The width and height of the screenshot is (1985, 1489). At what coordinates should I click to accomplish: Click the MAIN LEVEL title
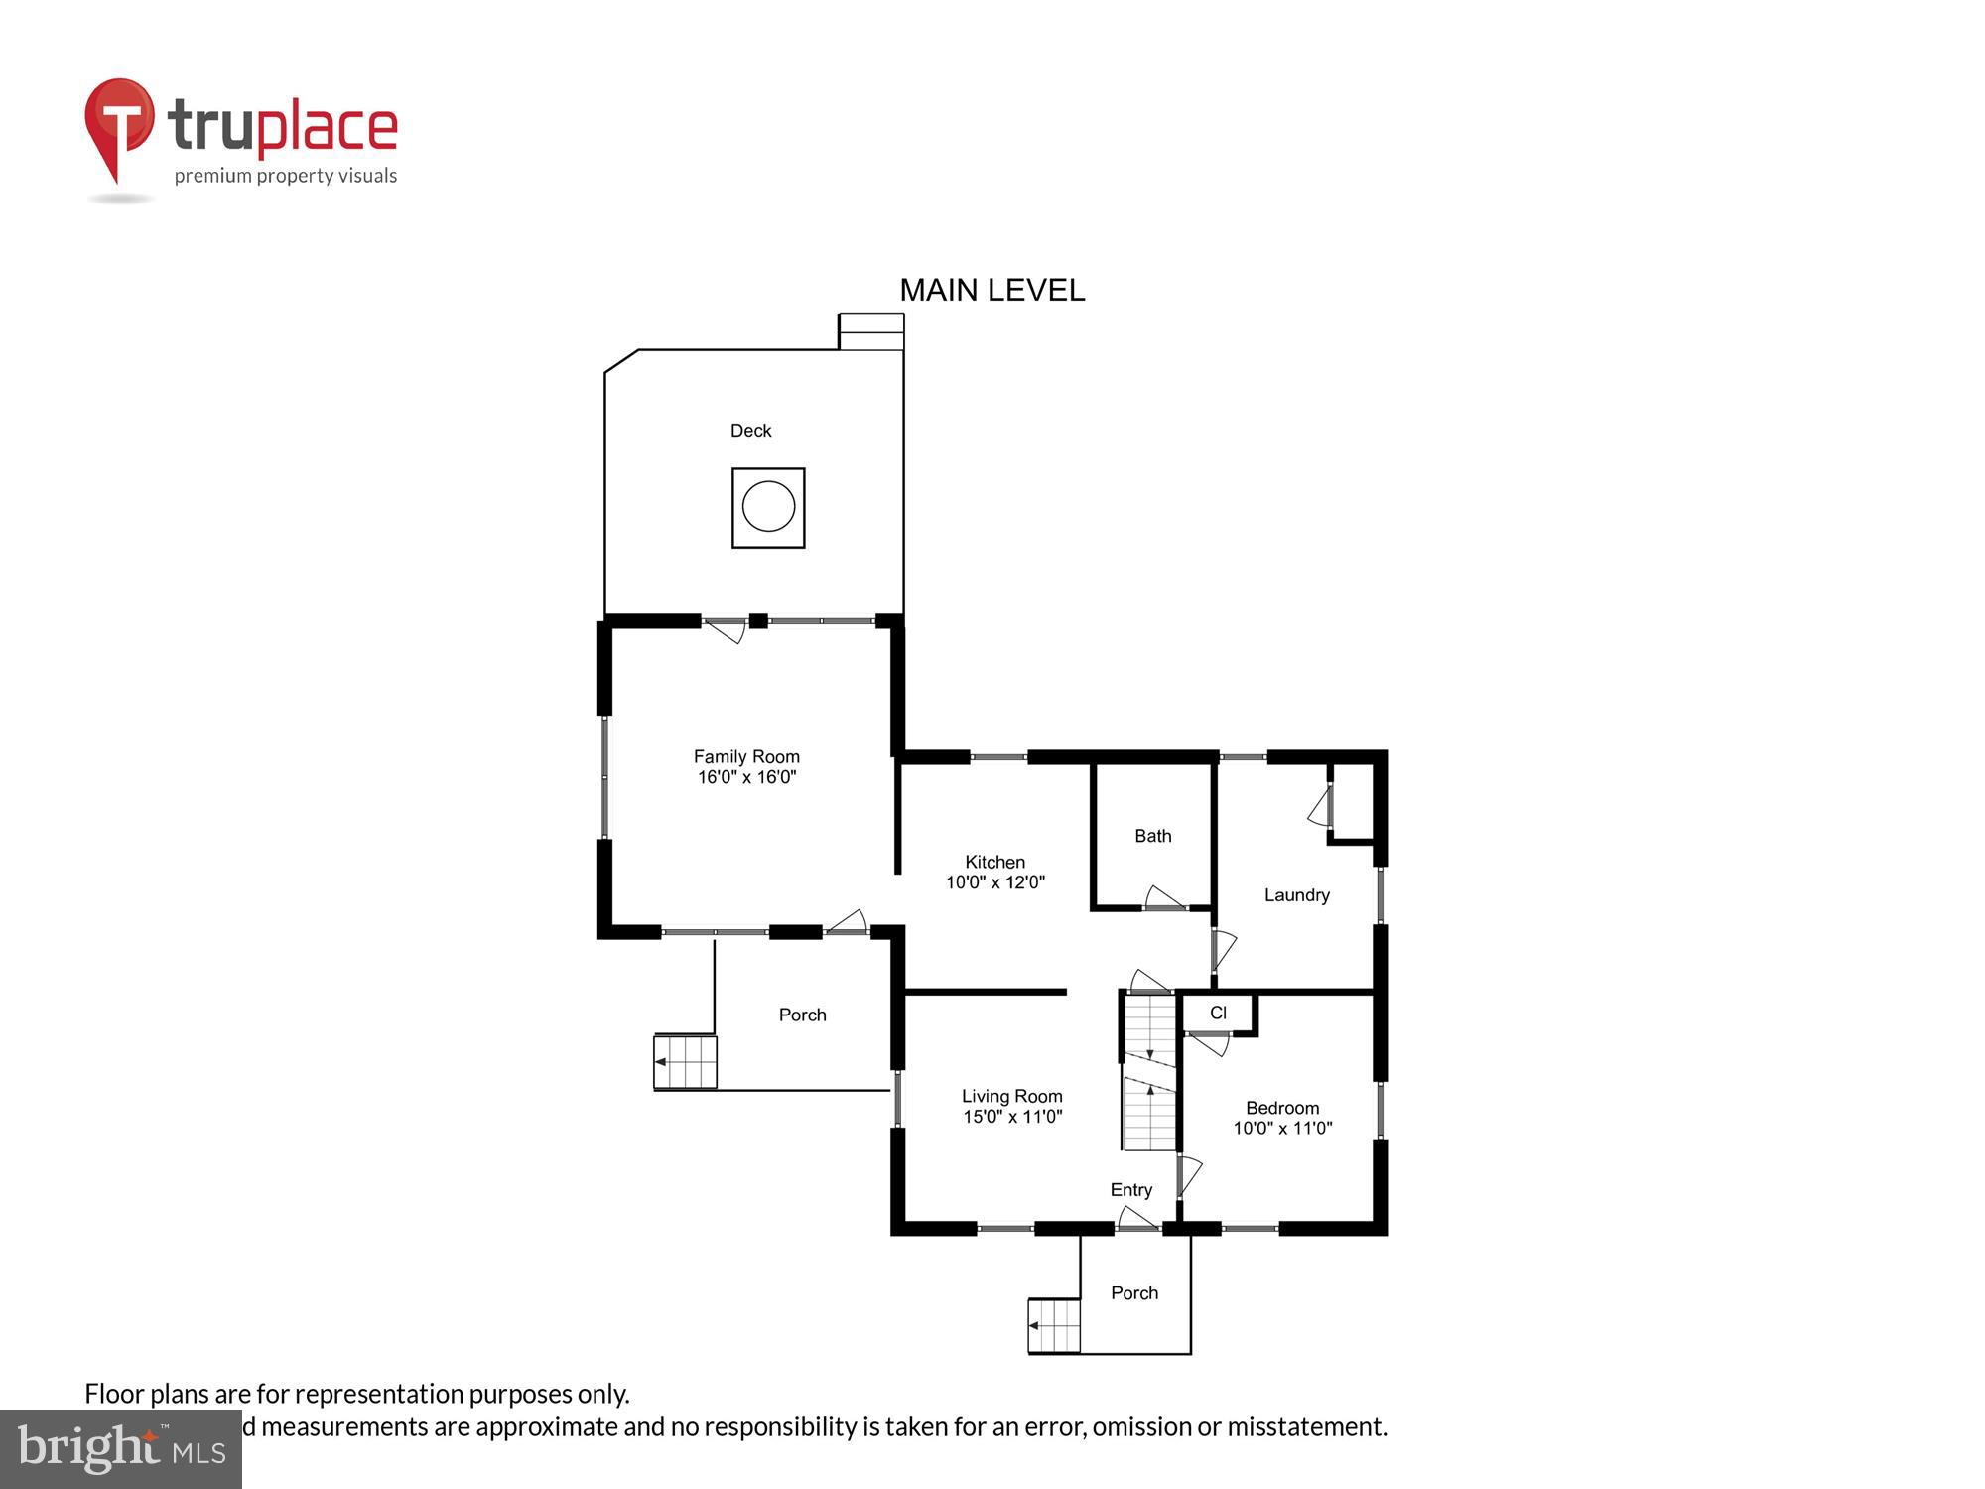click(x=992, y=290)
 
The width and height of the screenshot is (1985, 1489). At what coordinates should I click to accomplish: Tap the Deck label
click(x=750, y=431)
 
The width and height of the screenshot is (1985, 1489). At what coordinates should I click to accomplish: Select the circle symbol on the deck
click(x=768, y=506)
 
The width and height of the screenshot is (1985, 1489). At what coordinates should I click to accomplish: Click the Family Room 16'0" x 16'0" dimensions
click(x=746, y=777)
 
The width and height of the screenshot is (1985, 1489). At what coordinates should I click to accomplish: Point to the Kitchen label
click(x=994, y=862)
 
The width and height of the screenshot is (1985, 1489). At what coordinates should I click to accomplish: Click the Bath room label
click(x=1152, y=836)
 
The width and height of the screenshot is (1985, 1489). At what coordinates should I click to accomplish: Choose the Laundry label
click(x=1296, y=895)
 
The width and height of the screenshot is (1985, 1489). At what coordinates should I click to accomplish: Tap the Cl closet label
click(x=1218, y=1013)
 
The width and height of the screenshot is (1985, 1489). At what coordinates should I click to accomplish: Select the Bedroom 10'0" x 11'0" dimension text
click(x=1282, y=1128)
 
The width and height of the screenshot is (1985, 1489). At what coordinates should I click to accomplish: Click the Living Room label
click(x=1011, y=1096)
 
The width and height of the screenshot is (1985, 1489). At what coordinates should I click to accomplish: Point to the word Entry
click(x=1130, y=1189)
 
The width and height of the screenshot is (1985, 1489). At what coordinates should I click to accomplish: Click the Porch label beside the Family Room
click(x=802, y=1015)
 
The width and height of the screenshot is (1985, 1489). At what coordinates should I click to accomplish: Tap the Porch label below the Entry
click(x=1133, y=1292)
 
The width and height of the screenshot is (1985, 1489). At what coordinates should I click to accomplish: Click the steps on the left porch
click(x=685, y=1062)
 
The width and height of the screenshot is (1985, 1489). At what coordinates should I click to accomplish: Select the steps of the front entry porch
click(x=1054, y=1325)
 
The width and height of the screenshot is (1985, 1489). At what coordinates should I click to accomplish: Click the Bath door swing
click(x=1164, y=898)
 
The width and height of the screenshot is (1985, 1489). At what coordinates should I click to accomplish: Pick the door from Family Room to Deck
click(x=727, y=629)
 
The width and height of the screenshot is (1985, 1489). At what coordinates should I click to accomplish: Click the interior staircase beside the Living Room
click(x=1149, y=1072)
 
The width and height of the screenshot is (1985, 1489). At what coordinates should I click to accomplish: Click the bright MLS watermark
click(x=121, y=1449)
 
